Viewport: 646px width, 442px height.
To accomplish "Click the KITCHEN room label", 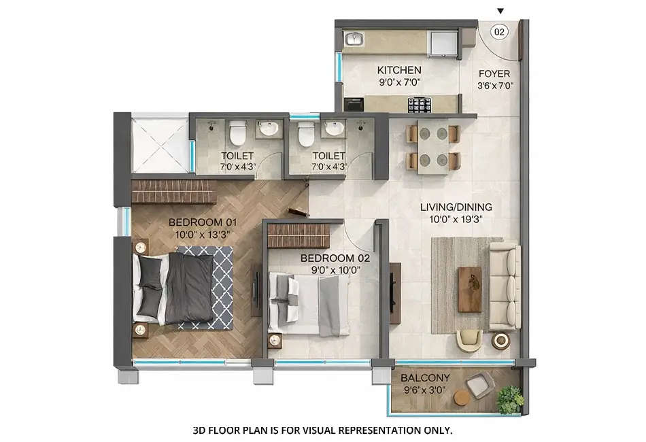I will pyautogui.click(x=399, y=70).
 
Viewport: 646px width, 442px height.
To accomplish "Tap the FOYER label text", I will pyautogui.click(x=494, y=73).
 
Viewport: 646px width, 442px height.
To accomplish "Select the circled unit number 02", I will pyautogui.click(x=499, y=31).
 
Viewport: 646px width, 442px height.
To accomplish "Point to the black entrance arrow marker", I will pyautogui.click(x=501, y=11).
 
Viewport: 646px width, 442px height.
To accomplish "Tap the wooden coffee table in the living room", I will pyautogui.click(x=469, y=289).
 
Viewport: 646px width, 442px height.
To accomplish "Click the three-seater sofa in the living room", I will pyautogui.click(x=504, y=286).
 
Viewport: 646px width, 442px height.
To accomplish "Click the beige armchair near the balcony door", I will pyautogui.click(x=469, y=339).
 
